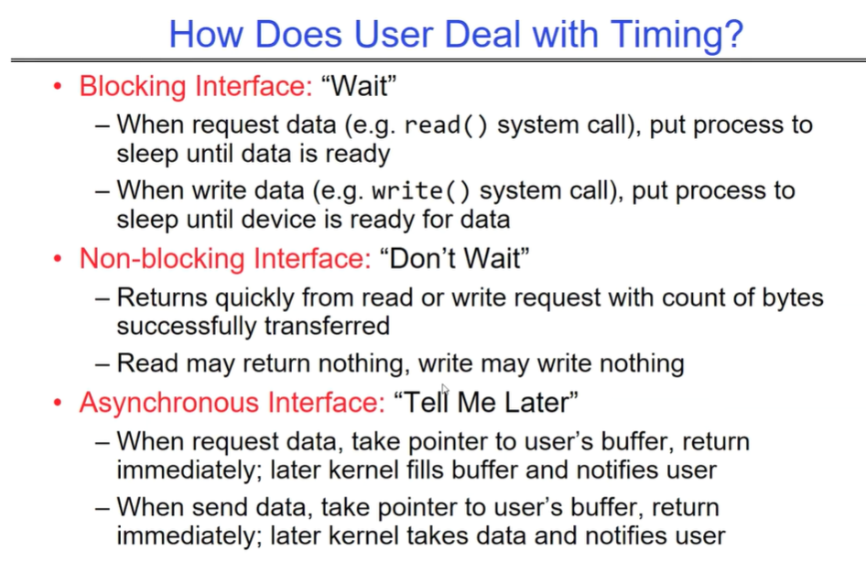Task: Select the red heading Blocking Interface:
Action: pos(196,86)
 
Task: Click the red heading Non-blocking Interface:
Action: pos(225,258)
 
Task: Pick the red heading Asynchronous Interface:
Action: pos(232,402)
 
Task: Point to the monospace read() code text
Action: pos(446,125)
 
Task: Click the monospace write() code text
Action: pos(421,191)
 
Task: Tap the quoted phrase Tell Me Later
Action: pos(486,402)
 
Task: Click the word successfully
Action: pos(186,326)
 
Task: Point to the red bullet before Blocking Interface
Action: pos(58,87)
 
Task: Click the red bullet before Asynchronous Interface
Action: pos(58,403)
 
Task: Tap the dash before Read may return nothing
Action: pos(103,364)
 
